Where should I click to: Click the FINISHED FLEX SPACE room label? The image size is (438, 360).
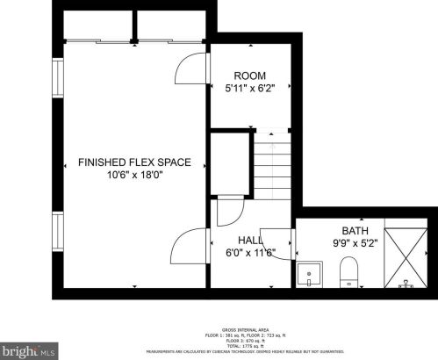[134, 162]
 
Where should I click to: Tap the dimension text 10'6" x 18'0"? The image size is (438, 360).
[134, 175]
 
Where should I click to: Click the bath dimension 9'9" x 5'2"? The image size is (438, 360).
[355, 243]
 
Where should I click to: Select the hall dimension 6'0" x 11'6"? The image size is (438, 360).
[251, 252]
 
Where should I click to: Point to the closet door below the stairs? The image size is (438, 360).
[230, 212]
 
